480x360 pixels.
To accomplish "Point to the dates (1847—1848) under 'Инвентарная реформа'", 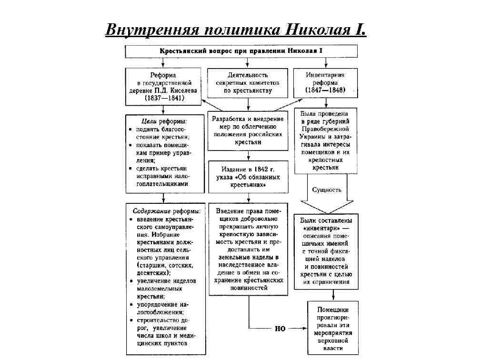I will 326,90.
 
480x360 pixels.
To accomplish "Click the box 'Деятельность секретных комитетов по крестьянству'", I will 247,83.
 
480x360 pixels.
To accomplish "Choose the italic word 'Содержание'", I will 151,210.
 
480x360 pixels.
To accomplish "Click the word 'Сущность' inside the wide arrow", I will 327,190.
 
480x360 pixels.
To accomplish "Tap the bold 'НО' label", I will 280,329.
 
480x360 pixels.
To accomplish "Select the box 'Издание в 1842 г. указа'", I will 248,177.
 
